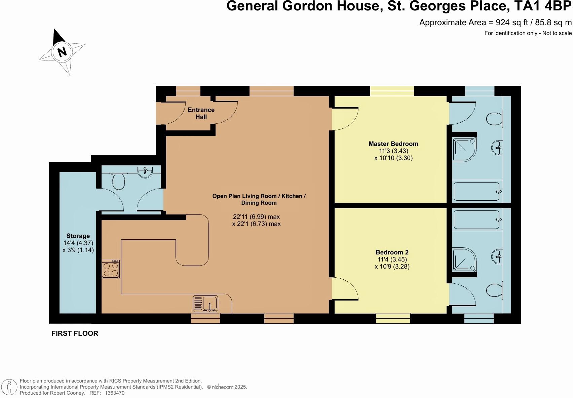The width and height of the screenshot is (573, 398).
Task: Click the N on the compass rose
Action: pyautogui.click(x=62, y=52)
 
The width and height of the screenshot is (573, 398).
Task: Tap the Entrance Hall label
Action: pyautogui.click(x=201, y=113)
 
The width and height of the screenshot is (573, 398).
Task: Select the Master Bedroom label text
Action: pyautogui.click(x=393, y=144)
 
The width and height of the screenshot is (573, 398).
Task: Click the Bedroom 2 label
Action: pyautogui.click(x=392, y=252)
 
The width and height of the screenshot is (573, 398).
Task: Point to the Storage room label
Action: pyautogui.click(x=78, y=236)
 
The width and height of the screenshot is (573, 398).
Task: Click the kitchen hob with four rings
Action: pyautogui.click(x=111, y=269)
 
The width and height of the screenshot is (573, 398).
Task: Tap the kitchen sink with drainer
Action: pyautogui.click(x=205, y=304)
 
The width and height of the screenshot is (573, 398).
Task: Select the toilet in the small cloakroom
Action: pyautogui.click(x=118, y=182)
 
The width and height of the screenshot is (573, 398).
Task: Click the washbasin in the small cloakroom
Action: pyautogui.click(x=145, y=172)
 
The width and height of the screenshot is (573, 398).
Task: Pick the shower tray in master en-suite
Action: pyautogui.click(x=464, y=149)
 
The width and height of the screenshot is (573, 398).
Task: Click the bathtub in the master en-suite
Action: pyautogui.click(x=477, y=192)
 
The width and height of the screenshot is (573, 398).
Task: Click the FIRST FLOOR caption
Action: pyautogui.click(x=75, y=333)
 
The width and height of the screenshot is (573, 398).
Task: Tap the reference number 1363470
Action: pyautogui.click(x=115, y=393)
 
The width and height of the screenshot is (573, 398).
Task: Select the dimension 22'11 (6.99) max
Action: pyautogui.click(x=256, y=217)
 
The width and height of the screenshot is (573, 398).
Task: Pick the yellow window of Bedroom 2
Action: pyautogui.click(x=393, y=318)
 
